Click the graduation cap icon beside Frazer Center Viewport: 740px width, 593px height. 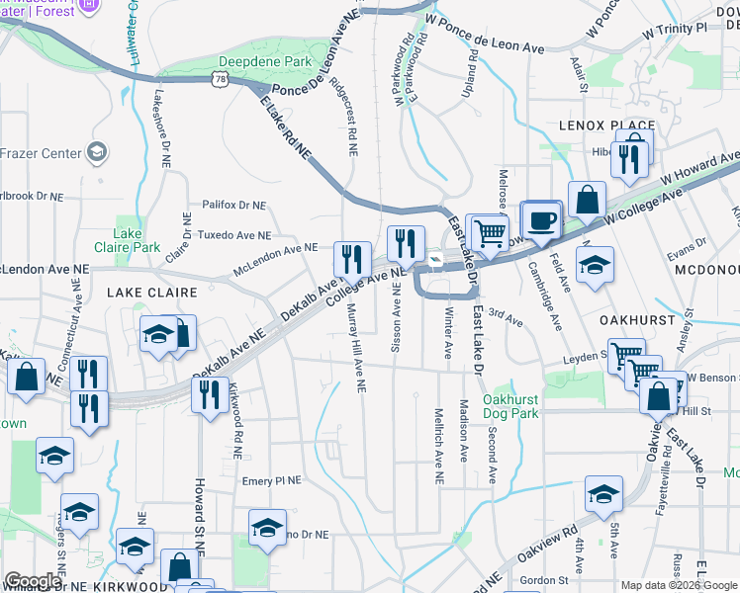(x=97, y=152)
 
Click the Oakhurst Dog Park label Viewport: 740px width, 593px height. (x=510, y=406)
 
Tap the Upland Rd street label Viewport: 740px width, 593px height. (x=473, y=73)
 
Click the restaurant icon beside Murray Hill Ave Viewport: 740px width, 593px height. (x=352, y=261)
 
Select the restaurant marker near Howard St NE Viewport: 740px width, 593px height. (x=209, y=395)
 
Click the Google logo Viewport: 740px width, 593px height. (x=32, y=581)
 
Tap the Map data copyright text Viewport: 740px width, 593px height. (x=679, y=585)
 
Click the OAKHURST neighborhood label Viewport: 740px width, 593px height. (x=637, y=320)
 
